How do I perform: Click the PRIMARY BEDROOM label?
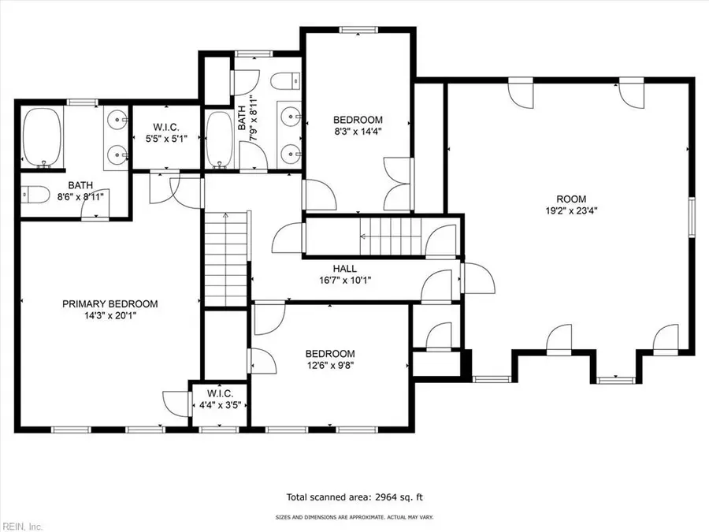(110, 303)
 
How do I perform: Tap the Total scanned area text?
(354, 497)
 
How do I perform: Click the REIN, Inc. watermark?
(23, 524)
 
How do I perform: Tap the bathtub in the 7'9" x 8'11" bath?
(217, 139)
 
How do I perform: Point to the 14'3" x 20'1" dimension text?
(110, 315)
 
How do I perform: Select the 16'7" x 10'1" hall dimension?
(345, 280)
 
